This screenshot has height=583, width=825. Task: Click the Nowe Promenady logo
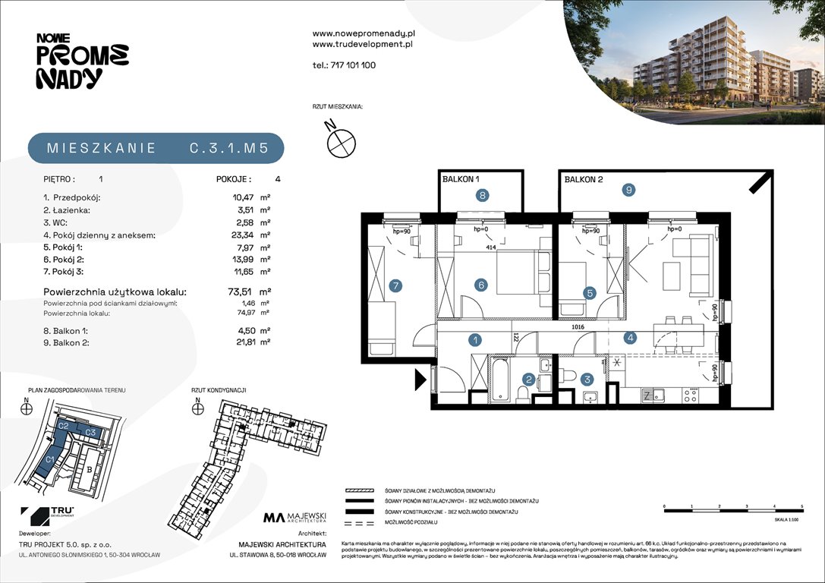(x=82, y=61)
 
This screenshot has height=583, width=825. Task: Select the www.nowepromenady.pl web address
(x=363, y=33)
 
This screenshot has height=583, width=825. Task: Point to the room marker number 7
(x=394, y=286)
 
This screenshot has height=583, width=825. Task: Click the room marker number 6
(x=480, y=285)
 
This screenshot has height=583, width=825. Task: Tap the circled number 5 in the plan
(x=589, y=292)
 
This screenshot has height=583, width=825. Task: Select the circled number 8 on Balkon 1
(x=482, y=195)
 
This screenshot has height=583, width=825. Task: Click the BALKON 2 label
(x=583, y=180)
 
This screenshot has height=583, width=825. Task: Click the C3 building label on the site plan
(x=90, y=432)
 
